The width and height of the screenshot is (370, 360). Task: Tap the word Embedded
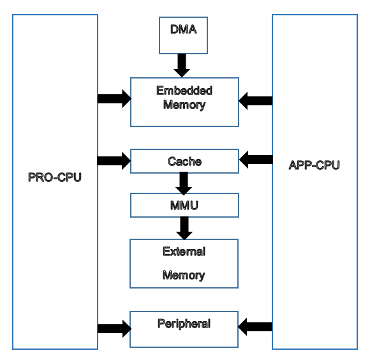pos(184,91)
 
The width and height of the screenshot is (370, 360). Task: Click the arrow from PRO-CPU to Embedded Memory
pos(114,99)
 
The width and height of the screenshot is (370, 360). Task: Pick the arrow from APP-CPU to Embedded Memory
pos(255,100)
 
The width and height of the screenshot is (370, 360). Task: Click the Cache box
pos(184,161)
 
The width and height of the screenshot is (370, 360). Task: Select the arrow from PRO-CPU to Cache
pos(114,160)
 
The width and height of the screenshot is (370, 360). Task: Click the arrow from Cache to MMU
pos(184,183)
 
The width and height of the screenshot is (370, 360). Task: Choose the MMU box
pos(184,206)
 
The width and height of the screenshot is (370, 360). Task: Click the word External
pos(184,251)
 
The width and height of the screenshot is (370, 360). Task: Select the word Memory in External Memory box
pos(184,276)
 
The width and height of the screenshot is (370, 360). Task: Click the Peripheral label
pos(184,324)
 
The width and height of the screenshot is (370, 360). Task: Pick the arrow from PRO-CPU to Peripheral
pos(114,329)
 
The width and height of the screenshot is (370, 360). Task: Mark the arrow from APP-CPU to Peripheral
pos(255,327)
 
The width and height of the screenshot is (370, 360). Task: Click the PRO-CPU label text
pos(55,177)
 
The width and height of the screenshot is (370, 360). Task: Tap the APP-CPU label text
pos(314,165)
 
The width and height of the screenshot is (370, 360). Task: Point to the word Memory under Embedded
pos(184,105)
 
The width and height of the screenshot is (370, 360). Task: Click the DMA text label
pos(184,29)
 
